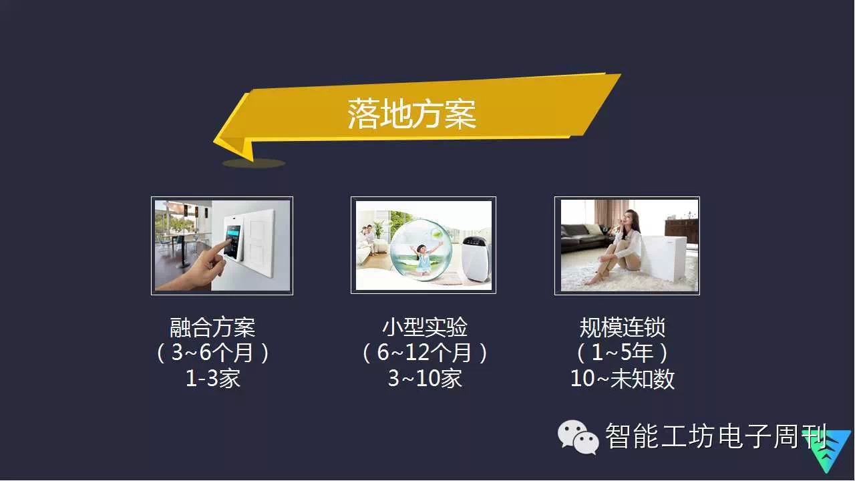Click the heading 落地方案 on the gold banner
[x=412, y=114]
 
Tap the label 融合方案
[x=212, y=327]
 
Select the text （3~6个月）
[x=212, y=352]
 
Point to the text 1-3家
[x=212, y=378]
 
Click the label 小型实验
[x=424, y=327]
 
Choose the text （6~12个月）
[x=424, y=352]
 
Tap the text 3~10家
[x=424, y=378]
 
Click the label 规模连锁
[x=622, y=327]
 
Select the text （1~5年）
[x=622, y=352]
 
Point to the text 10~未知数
[x=622, y=378]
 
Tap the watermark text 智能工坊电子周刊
[x=715, y=436]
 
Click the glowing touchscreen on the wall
[x=233, y=240]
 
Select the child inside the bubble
[x=423, y=259]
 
